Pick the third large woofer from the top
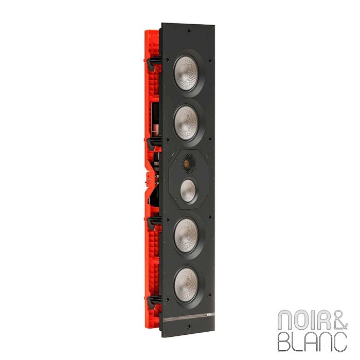(186, 234)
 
